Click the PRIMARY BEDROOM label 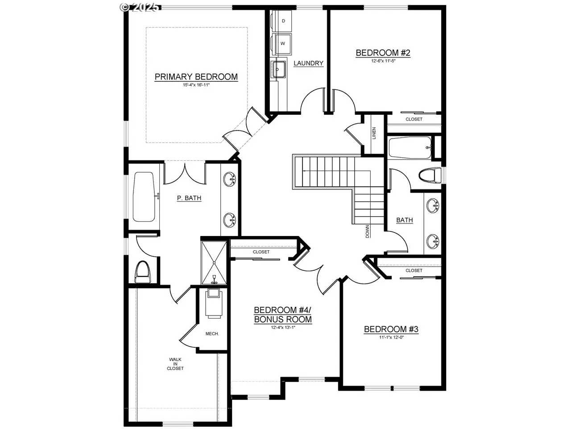click(x=196, y=76)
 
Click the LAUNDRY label click(x=309, y=63)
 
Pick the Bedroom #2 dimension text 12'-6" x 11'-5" click(x=383, y=61)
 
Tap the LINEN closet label click(x=374, y=133)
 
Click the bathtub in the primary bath click(x=144, y=197)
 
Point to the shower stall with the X click(x=214, y=263)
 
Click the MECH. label click(x=212, y=334)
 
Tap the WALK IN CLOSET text click(x=175, y=364)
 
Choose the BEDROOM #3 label click(x=391, y=329)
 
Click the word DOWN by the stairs click(x=367, y=231)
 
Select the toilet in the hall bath click(x=430, y=175)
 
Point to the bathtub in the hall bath click(x=410, y=147)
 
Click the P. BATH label click(x=189, y=198)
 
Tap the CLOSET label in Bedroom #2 click(x=414, y=119)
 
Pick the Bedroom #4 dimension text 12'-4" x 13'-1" click(x=283, y=327)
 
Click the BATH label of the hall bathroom click(x=405, y=220)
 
